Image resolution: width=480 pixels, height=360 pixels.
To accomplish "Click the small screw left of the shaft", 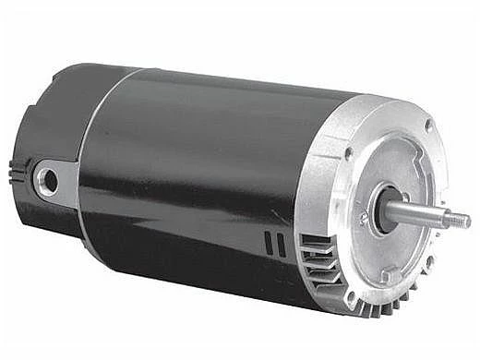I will click(x=364, y=219).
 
